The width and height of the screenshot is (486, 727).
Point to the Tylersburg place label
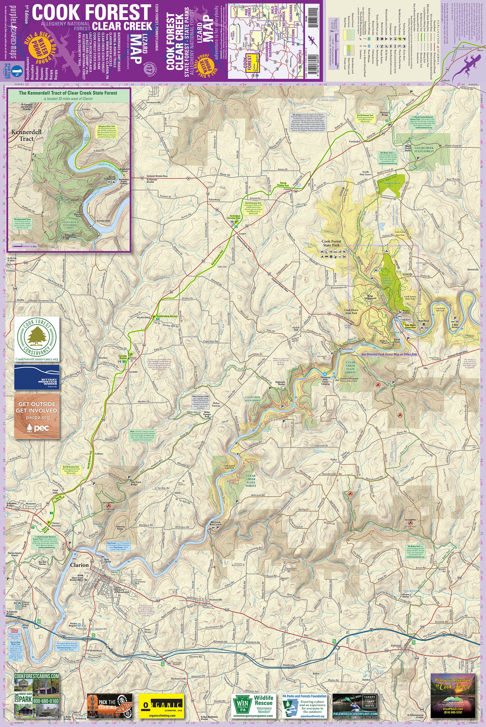(x=214, y=199)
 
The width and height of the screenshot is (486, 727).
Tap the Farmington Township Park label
(x=233, y=217)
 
